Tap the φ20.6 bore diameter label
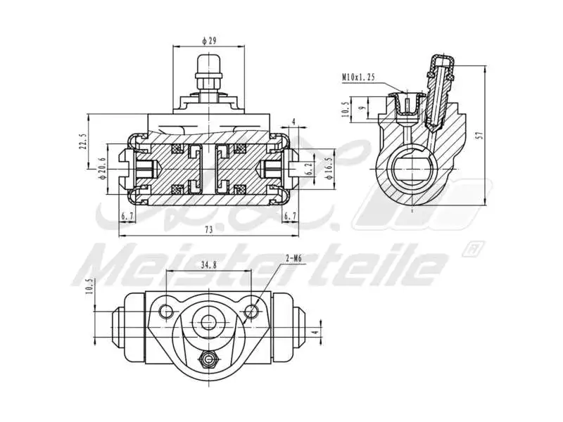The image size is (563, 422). pyautogui.click(x=103, y=170)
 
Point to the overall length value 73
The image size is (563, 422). pyautogui.click(x=209, y=229)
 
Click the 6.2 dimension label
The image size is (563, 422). pyautogui.click(x=308, y=169)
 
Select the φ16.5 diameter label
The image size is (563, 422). pyautogui.click(x=329, y=170)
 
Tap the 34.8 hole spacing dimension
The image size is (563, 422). pyautogui.click(x=208, y=265)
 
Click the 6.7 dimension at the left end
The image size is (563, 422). pyautogui.click(x=127, y=216)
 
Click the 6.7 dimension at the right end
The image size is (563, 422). pyautogui.click(x=290, y=216)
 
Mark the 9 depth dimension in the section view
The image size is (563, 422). pyautogui.click(x=362, y=108)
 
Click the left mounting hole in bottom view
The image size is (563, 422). pyautogui.click(x=166, y=310)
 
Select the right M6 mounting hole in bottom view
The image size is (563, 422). pyautogui.click(x=252, y=310)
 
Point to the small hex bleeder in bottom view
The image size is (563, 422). pyautogui.click(x=208, y=359)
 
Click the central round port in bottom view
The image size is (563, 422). pyautogui.click(x=208, y=322)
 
